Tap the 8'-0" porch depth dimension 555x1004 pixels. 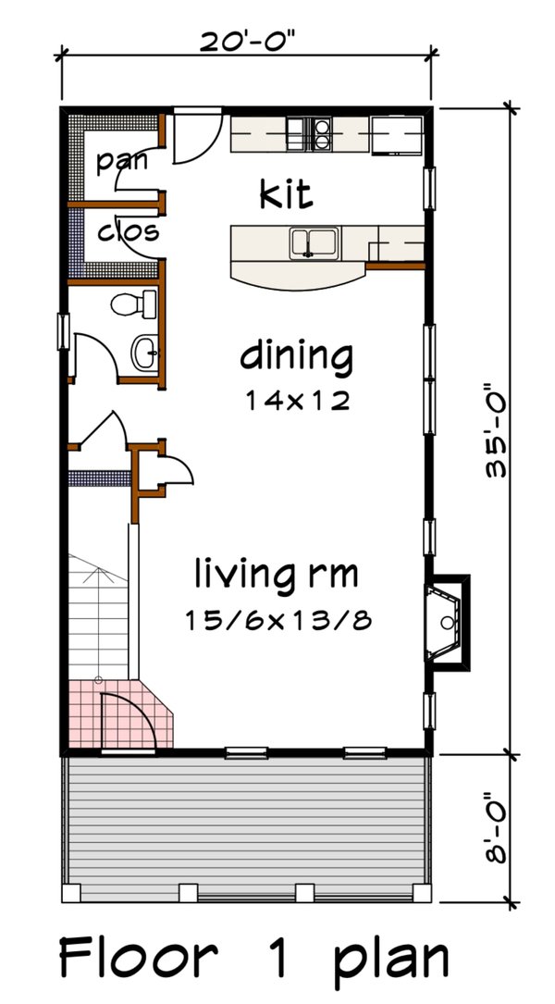pos(499,829)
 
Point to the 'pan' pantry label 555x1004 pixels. pos(123,161)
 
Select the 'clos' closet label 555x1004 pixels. pos(127,230)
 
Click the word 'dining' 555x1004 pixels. pos(296,354)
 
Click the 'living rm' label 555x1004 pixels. pos(275,574)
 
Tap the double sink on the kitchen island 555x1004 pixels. pos(314,243)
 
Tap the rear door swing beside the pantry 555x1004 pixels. pos(194,139)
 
